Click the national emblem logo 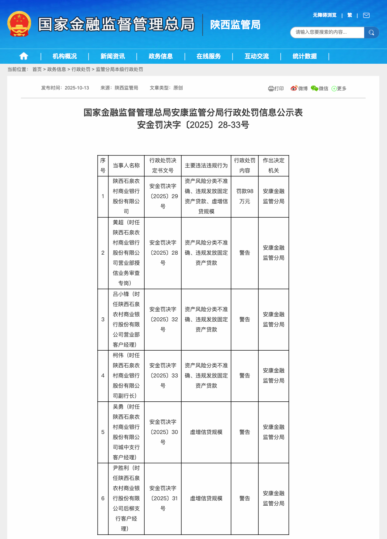19,24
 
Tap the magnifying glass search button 371,33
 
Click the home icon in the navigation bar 24,56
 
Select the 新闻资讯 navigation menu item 112,56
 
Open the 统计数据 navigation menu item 305,56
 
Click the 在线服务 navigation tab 209,56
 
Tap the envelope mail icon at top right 366,15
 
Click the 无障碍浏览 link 324,15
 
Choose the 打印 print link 276,88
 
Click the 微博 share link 299,88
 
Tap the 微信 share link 320,88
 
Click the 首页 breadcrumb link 37,69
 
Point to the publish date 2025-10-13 77,88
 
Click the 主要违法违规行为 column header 206,166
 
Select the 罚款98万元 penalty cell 245,196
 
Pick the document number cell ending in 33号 163,376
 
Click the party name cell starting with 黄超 126,253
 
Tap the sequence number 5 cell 103,432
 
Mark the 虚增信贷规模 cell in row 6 206,498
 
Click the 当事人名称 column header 126,166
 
